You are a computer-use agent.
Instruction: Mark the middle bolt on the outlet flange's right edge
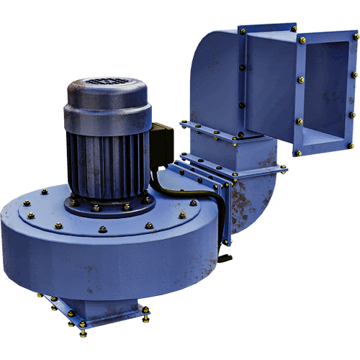[353, 94]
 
